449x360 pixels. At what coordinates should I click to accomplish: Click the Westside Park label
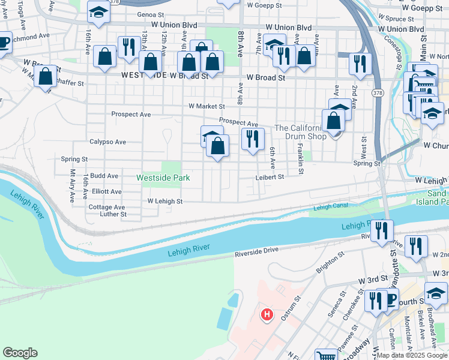(x=163, y=178)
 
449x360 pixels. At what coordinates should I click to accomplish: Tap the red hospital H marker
(x=267, y=314)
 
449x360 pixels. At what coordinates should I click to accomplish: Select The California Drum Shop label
(x=300, y=132)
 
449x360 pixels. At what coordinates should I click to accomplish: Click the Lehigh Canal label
(x=330, y=208)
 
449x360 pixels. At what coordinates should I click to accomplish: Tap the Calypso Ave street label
(x=108, y=142)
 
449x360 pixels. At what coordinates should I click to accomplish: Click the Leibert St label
(x=268, y=177)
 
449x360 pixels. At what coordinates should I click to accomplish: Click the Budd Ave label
(x=104, y=176)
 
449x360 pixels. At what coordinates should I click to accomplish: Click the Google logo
(x=20, y=353)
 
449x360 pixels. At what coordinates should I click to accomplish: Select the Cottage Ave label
(x=107, y=206)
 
